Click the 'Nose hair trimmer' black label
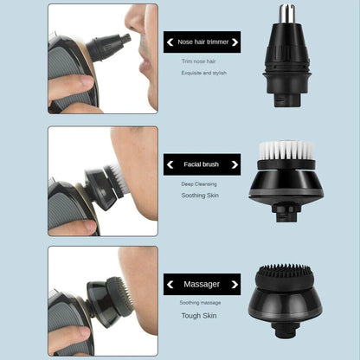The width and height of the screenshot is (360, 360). pos(197,41)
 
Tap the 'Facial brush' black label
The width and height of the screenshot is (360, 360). pos(197,163)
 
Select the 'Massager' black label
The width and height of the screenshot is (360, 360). pos(197,283)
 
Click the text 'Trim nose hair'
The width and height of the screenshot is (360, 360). pos(197,61)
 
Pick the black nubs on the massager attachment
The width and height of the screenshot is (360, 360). pos(286,271)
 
